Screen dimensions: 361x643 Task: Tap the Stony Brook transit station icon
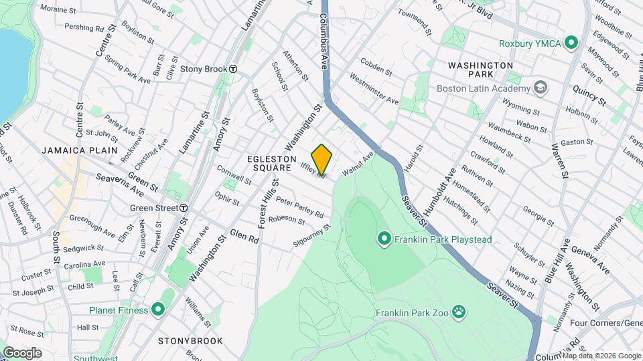[233, 68]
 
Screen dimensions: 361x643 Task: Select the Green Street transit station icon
[184, 208]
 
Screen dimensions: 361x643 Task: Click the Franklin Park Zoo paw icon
[459, 311]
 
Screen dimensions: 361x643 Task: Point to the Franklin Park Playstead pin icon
[384, 238]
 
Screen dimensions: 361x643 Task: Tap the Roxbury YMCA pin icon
[571, 43]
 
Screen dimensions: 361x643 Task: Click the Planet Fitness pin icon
[158, 309]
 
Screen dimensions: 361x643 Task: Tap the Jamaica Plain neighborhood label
[75, 150]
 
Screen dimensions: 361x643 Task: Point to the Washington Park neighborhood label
[480, 71]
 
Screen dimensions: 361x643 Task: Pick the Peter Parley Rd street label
[299, 207]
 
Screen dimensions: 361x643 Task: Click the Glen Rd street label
[244, 235]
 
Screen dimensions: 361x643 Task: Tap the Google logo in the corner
[22, 352]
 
